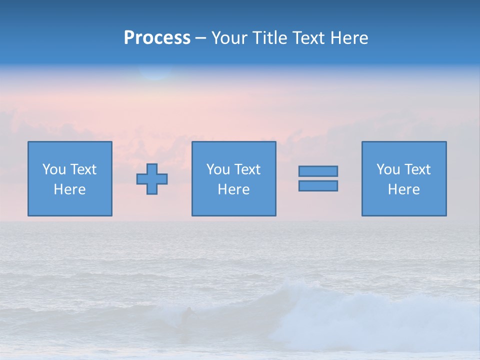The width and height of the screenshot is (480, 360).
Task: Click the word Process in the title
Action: (x=157, y=38)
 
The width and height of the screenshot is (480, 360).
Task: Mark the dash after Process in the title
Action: (x=200, y=38)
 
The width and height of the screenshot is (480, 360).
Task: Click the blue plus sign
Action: (x=152, y=179)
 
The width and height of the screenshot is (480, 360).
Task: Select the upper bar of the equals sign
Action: (x=318, y=171)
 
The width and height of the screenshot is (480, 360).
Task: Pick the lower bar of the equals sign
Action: (x=318, y=185)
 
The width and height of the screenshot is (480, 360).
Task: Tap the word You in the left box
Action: (x=54, y=169)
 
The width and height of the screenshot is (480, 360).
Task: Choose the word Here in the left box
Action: (x=69, y=189)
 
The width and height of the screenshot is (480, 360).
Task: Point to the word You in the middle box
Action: (x=218, y=169)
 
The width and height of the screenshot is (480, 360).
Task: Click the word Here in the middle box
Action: (x=233, y=189)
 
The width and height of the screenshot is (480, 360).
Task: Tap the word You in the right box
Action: (x=388, y=169)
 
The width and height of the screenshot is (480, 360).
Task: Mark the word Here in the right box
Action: (x=403, y=189)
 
